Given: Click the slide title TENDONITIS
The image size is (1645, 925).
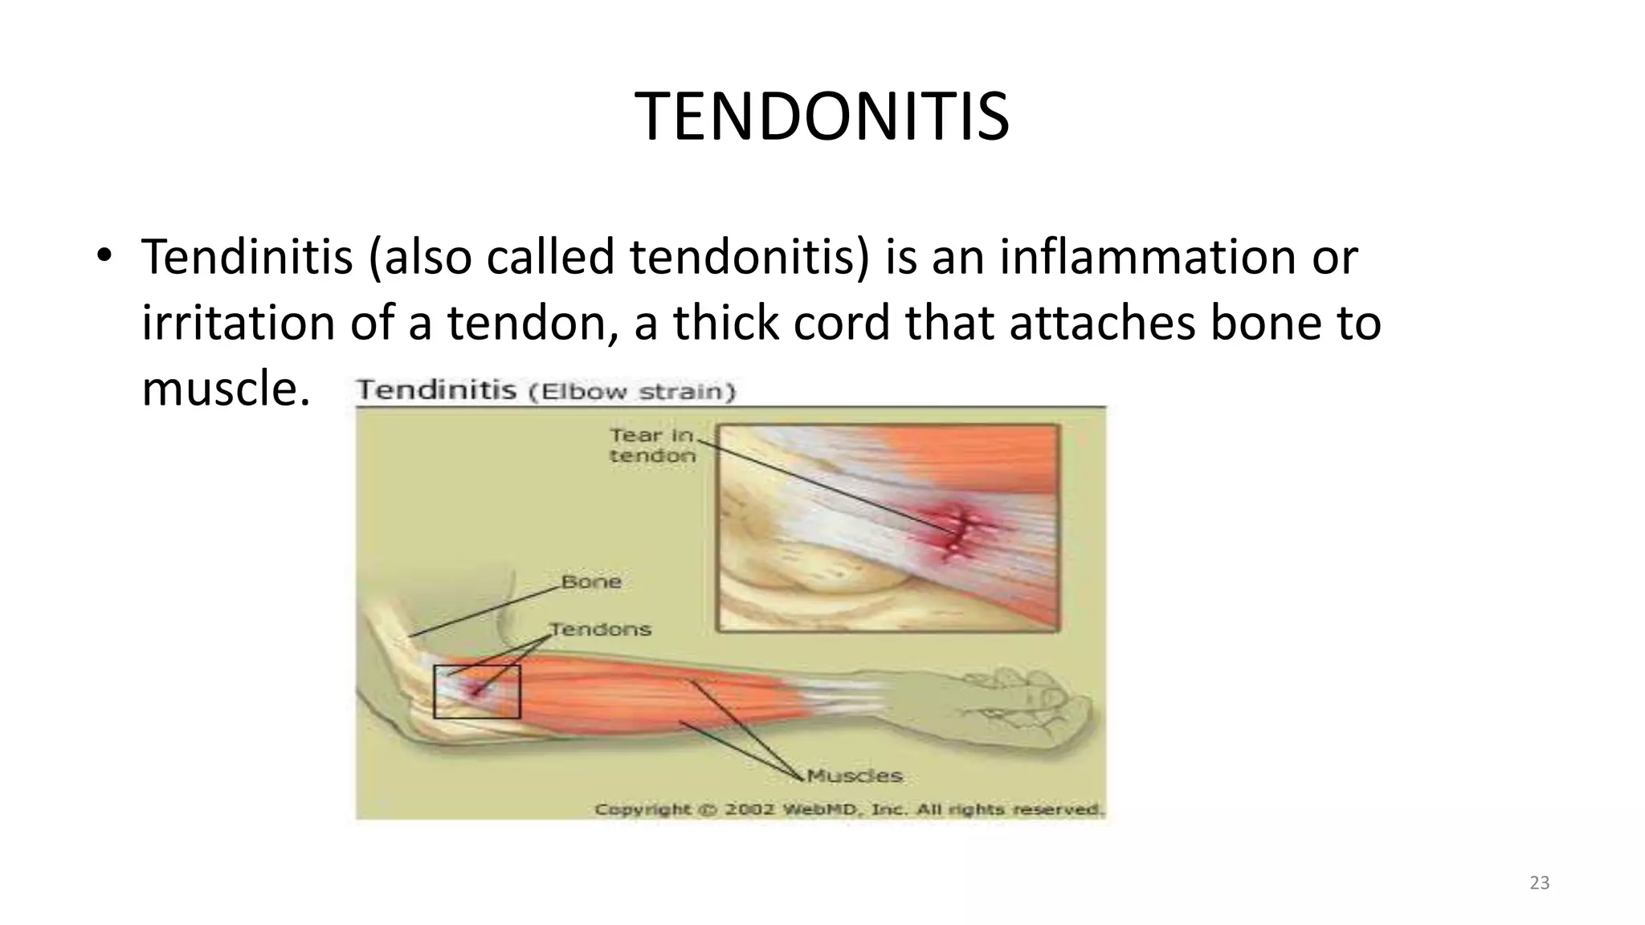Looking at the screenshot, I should pos(822,117).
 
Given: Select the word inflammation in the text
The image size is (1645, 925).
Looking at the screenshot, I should pos(1146,258).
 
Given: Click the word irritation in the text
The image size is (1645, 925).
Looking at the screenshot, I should pos(238,323).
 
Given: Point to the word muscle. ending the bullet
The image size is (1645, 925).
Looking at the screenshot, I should pos(226,389).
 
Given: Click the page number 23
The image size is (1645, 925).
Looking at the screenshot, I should pos(1539,883).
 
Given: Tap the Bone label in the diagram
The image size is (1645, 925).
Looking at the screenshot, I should pos(591,581).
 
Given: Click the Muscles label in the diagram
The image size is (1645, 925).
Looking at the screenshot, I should pos(855,776).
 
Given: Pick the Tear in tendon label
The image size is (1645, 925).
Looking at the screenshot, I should pos(652,446).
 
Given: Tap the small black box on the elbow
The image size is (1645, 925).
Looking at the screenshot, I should pos(477,691).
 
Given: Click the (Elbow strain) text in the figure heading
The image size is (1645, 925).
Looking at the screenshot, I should pos(631,392).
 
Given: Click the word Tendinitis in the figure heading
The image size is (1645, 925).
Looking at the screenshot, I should pos(436,391).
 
